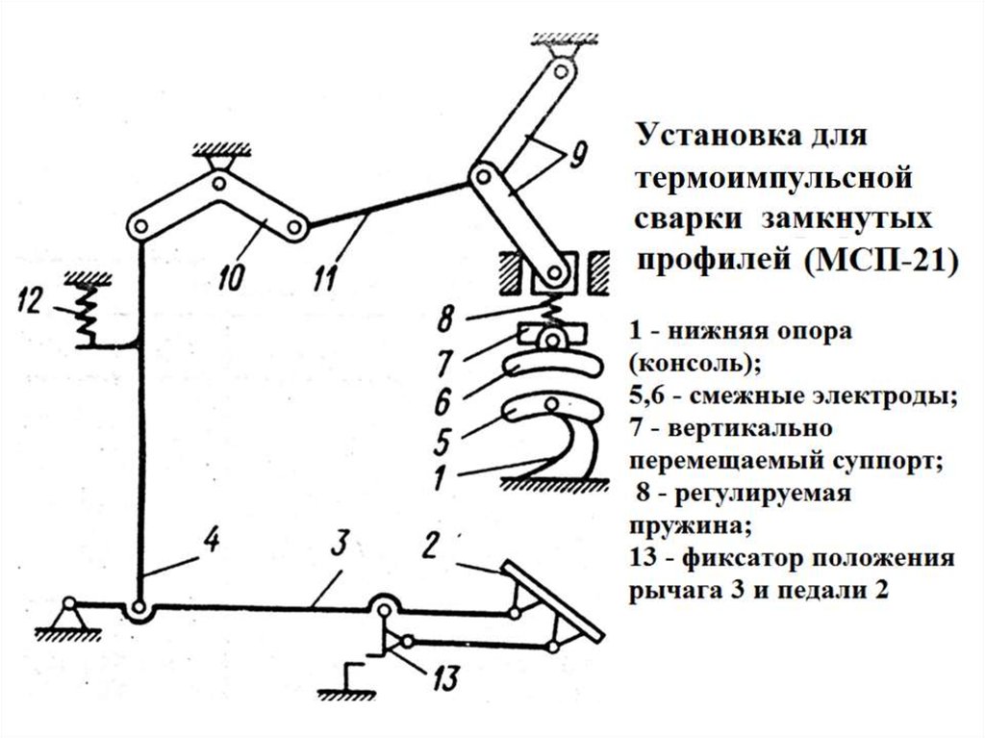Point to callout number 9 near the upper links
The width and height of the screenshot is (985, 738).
[578, 155]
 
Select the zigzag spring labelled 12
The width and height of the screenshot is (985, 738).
[87, 308]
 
